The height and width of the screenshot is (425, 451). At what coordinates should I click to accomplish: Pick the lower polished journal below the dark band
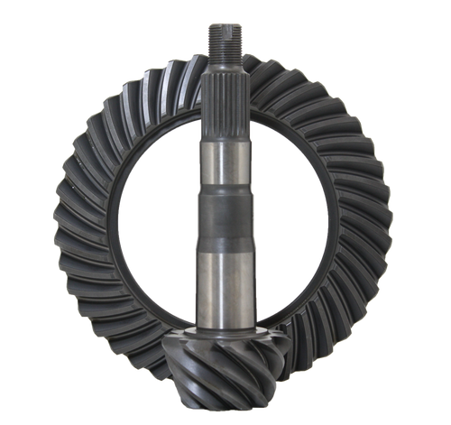point(220,284)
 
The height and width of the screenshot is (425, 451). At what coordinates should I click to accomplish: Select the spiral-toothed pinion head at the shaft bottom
point(221,370)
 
